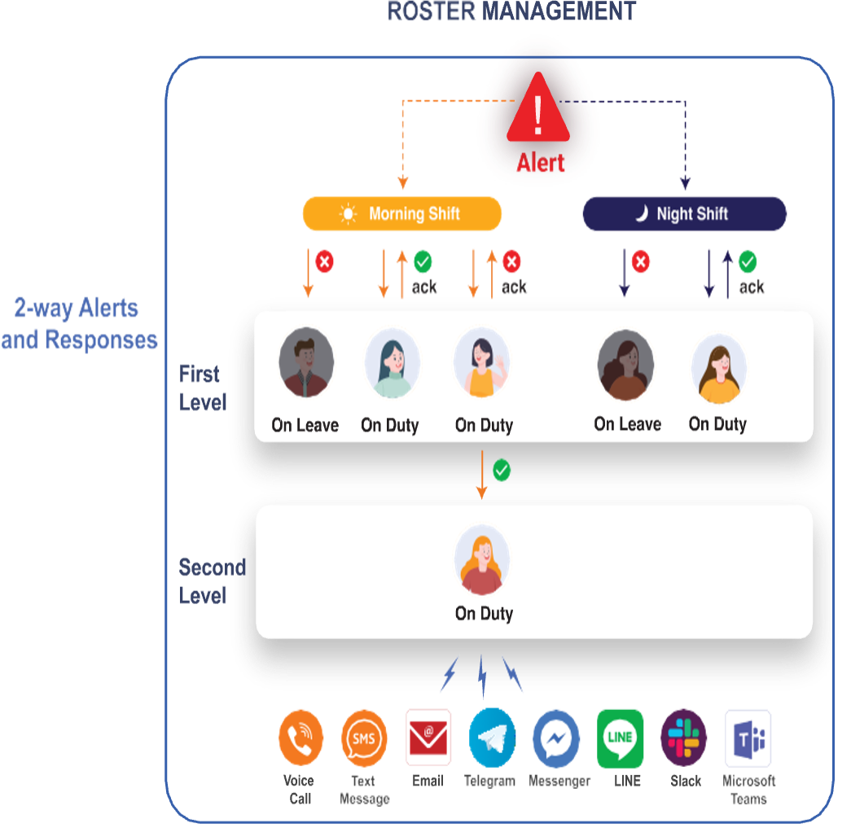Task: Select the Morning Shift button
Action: click(x=402, y=214)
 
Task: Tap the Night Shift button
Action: click(x=684, y=214)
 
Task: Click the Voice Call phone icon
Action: click(x=300, y=738)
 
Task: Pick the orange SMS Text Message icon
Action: click(x=364, y=738)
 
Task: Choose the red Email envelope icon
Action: click(x=428, y=738)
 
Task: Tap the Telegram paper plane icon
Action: click(x=492, y=738)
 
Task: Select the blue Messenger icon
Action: click(x=556, y=738)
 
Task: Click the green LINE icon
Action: click(x=620, y=738)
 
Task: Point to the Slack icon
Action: click(x=684, y=738)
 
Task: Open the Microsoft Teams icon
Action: click(x=748, y=738)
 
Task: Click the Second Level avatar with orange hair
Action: click(x=482, y=560)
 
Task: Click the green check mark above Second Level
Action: click(x=502, y=471)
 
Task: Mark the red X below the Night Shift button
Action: click(x=642, y=262)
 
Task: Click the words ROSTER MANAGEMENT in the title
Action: click(x=511, y=11)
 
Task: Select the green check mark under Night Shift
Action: click(x=748, y=262)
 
